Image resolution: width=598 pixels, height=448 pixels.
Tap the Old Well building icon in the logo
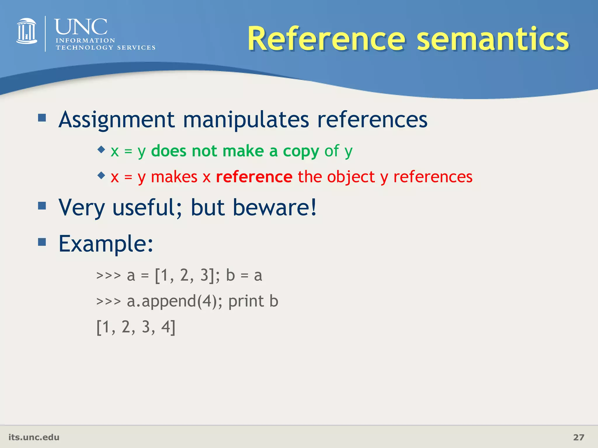pos(27,32)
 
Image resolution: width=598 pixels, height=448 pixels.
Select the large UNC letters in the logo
pos(81,27)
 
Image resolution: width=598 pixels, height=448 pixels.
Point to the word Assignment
pos(117,120)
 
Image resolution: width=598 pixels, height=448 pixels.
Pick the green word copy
pos(301,151)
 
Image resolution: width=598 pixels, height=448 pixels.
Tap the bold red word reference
pos(254,177)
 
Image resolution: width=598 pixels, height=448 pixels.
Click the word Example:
pos(106,244)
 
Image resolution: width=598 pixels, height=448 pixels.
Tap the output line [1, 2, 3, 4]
pos(136,327)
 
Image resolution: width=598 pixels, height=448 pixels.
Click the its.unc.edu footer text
pos(34,437)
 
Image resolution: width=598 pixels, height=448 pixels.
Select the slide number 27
pos(578,437)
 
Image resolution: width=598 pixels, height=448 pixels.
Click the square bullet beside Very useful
pos(42,206)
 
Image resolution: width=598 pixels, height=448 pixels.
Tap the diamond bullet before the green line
pos(101,150)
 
